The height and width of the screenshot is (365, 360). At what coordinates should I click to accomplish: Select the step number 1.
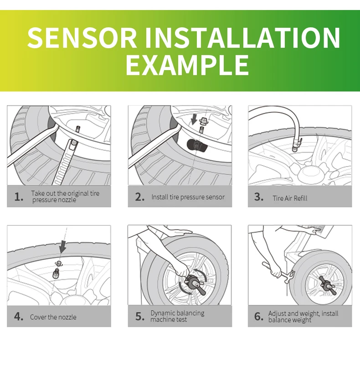click(19, 197)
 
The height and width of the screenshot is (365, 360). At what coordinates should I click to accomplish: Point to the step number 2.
click(139, 197)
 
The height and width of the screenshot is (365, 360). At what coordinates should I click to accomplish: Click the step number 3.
click(259, 197)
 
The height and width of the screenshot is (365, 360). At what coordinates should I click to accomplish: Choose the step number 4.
click(19, 317)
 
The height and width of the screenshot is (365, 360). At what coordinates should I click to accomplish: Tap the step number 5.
click(139, 317)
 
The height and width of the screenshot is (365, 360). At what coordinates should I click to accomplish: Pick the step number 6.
click(259, 317)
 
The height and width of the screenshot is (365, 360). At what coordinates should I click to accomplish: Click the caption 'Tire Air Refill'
click(290, 198)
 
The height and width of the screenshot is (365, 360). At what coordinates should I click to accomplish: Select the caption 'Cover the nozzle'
click(53, 317)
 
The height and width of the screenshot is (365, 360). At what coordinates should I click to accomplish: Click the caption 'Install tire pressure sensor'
click(188, 197)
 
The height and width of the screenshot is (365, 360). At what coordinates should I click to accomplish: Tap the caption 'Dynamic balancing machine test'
click(177, 316)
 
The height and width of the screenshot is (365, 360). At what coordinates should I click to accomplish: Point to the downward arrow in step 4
click(62, 246)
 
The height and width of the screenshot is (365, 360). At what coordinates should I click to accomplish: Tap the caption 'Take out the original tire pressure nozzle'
click(65, 197)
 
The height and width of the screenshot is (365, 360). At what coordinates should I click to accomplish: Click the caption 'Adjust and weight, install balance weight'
click(303, 316)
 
